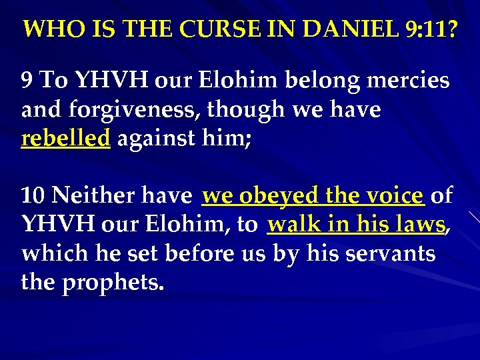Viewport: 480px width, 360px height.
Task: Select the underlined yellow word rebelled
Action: [65, 139]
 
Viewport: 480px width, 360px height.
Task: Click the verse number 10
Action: [33, 196]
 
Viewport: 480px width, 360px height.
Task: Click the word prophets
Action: [113, 283]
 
